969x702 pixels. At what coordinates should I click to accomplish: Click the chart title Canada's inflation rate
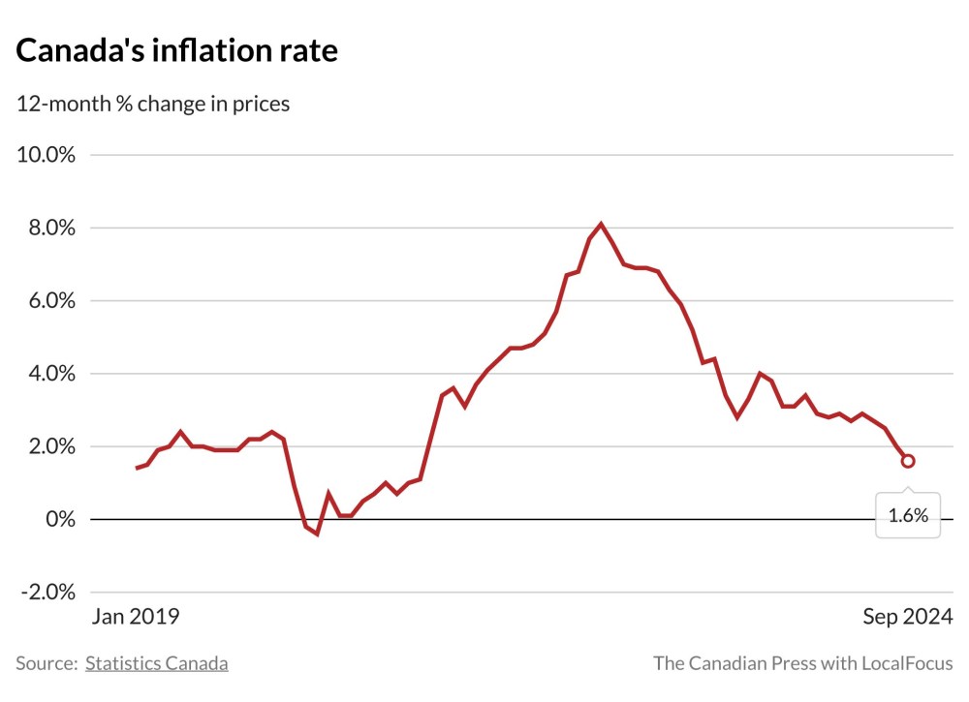point(177,51)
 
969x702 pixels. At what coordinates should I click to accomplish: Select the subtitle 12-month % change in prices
point(153,104)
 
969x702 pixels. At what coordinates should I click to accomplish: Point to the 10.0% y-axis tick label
point(48,155)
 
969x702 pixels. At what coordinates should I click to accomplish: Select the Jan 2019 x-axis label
point(137,617)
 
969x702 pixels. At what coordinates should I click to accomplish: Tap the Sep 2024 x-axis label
point(907,617)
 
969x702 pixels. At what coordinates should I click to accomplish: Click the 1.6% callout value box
point(908,516)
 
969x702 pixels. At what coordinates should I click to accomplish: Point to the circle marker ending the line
point(908,461)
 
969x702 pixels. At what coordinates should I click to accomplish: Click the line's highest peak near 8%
point(601,225)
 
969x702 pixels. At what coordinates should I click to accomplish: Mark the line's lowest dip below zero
point(317,534)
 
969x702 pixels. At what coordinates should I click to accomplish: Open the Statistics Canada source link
point(157,663)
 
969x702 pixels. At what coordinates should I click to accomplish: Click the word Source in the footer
point(45,663)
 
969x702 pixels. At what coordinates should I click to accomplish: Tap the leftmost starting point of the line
point(137,468)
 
